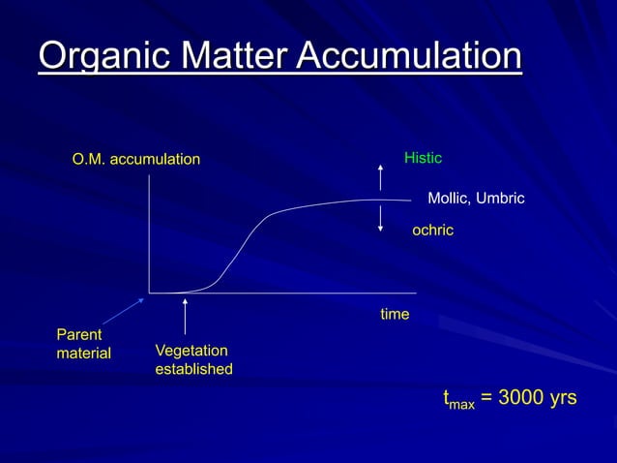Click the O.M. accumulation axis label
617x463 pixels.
136,159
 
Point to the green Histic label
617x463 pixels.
423,157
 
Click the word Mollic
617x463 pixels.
449,199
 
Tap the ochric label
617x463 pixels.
432,231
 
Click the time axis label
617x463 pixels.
395,315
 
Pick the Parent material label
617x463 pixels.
83,344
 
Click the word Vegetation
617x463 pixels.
191,351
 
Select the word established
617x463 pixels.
193,369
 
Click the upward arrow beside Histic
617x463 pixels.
380,177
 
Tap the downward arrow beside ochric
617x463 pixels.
380,218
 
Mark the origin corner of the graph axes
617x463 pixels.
150,292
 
